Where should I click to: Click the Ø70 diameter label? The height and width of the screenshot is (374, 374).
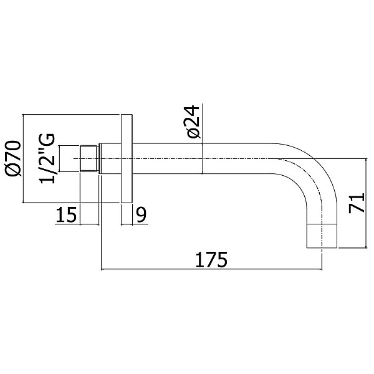[x=13, y=158]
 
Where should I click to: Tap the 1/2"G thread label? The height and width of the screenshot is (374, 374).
[x=47, y=158]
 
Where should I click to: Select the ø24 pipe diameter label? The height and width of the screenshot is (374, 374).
[x=193, y=122]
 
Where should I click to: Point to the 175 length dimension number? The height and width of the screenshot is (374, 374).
[x=211, y=259]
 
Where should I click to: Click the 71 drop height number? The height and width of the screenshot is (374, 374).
[x=357, y=203]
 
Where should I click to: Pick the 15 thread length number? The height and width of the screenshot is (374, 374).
[x=66, y=214]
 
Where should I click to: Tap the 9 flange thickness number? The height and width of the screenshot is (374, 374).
[x=141, y=214]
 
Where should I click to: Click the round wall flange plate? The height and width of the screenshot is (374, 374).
[x=127, y=158]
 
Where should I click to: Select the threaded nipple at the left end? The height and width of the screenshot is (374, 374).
[x=89, y=158]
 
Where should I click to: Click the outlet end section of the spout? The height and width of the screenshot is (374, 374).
[x=322, y=236]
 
